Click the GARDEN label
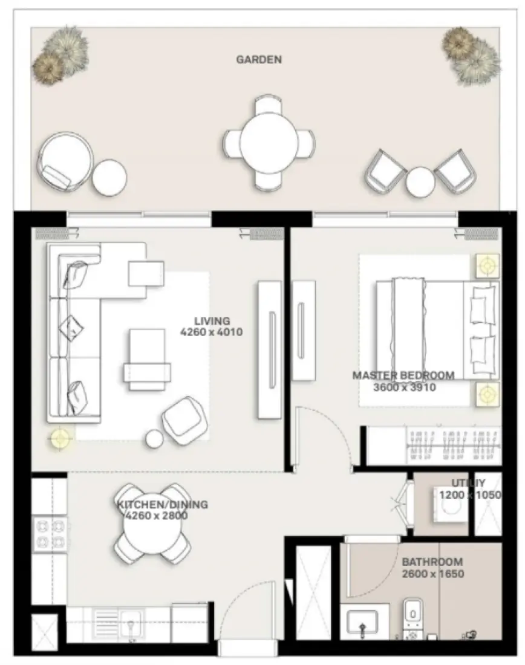coord(259,59)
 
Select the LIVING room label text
coord(212,320)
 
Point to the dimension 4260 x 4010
coord(212,332)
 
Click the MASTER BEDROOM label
coord(403,375)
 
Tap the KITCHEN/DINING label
coord(162,504)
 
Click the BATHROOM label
coord(432,562)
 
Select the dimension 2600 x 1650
coord(432,573)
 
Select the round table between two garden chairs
coord(420,180)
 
